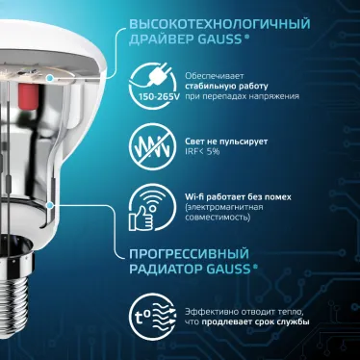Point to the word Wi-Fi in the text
tap(195, 196)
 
